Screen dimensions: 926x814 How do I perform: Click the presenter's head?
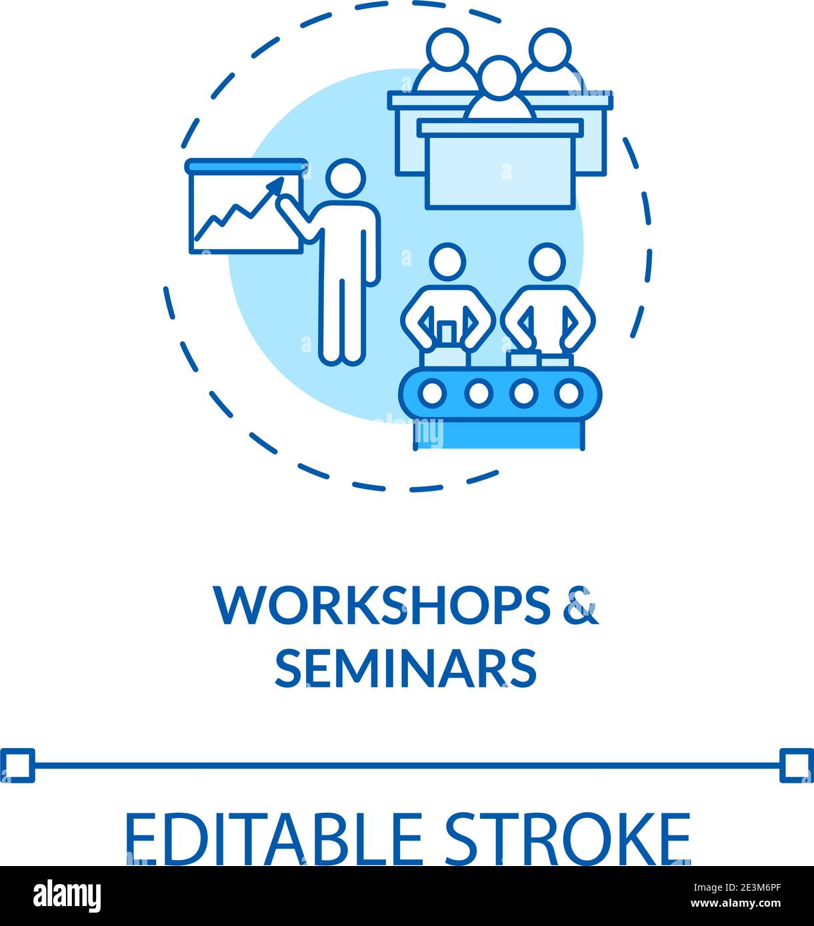pos(345,179)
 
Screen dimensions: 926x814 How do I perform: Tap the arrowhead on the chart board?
pos(276,183)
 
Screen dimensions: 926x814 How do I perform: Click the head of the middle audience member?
pos(500,76)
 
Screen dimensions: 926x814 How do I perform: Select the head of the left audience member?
pos(447,49)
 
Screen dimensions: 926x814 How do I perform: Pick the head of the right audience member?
pos(550,49)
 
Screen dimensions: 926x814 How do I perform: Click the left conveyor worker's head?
pos(447,261)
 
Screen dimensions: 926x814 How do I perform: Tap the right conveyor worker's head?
pos(547,261)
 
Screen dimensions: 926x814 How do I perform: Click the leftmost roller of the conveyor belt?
pos(433,393)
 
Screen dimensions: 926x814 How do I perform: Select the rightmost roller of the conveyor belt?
pos(569,393)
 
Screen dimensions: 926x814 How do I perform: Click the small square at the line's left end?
pos(17,765)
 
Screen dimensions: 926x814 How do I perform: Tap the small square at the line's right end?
pos(797,765)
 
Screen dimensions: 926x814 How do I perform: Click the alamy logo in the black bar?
pos(67,896)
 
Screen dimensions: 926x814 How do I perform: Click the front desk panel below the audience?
pos(500,171)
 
